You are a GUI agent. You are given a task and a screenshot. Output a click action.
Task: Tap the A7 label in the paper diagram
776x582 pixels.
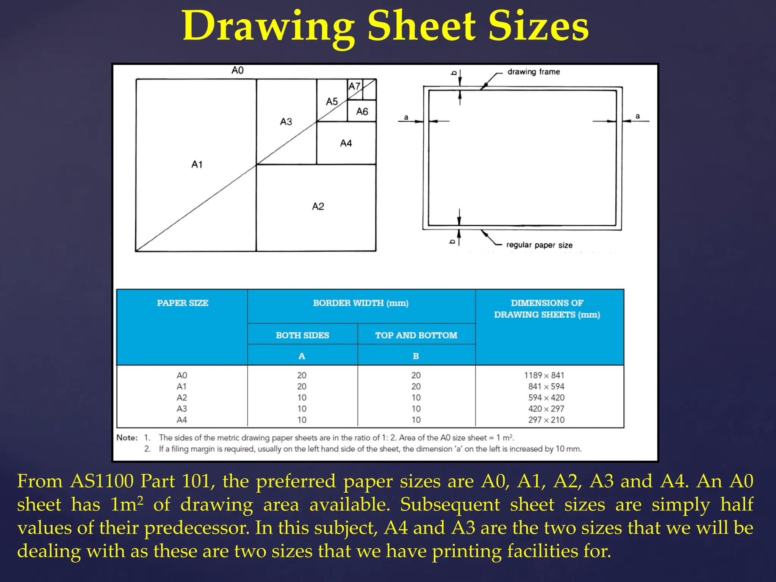tap(354, 86)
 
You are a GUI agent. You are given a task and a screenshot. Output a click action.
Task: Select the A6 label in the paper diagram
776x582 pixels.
tap(362, 111)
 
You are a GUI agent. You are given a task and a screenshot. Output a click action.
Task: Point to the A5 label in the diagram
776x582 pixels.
tap(332, 102)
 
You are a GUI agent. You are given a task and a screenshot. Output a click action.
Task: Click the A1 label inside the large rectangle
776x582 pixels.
tap(197, 164)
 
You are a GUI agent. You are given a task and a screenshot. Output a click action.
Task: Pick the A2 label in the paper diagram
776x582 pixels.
tap(318, 207)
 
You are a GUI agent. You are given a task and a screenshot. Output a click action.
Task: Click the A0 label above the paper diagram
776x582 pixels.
tap(238, 70)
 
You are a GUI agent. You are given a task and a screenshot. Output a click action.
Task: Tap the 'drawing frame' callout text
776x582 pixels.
tap(533, 72)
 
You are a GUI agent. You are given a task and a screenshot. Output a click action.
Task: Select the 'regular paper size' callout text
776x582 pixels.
tap(539, 245)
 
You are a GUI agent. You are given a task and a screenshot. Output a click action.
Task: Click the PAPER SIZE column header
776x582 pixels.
tap(183, 303)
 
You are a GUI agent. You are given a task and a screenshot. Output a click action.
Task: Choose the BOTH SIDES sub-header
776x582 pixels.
tap(302, 335)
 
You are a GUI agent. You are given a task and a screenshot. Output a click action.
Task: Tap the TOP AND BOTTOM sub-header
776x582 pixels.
tap(416, 335)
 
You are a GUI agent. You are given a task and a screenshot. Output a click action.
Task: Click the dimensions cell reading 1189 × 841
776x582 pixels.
tap(544, 375)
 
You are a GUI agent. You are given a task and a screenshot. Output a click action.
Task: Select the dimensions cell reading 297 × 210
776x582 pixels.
tap(546, 420)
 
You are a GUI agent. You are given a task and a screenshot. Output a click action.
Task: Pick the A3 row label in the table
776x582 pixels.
tap(182, 409)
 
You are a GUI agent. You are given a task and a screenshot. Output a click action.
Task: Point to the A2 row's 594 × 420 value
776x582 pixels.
tap(546, 398)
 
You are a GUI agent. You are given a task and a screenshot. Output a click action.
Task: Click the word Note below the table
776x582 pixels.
tap(127, 438)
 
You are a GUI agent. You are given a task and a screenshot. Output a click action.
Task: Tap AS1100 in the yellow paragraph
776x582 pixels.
tap(102, 482)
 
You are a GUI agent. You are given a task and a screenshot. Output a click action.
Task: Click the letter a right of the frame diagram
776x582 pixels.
tap(638, 116)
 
